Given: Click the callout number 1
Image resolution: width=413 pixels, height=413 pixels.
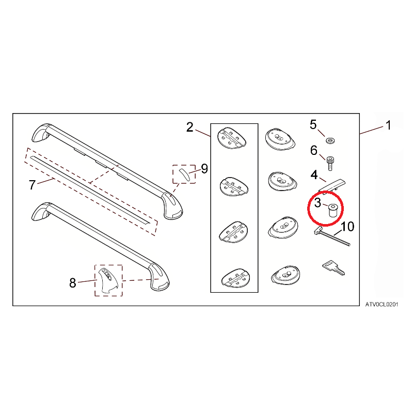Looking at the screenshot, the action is coord(388,125).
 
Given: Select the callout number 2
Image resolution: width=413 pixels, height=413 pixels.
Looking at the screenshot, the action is coord(190,127).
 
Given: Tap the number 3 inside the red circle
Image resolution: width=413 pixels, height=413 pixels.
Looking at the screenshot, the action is coord(317,203).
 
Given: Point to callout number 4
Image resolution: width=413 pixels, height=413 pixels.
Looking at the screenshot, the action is coord(314,174).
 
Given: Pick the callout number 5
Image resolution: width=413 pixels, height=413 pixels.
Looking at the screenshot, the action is coord(313,124).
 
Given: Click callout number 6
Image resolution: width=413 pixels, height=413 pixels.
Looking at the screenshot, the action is coord(314,150).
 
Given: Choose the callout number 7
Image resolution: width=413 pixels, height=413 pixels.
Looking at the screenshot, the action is coord(32,185).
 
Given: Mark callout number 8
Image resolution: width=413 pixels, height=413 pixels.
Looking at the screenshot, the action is coord(73,283).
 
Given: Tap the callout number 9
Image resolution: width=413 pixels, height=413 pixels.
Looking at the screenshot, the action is coord(204,169).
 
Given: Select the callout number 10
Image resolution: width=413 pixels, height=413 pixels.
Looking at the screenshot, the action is coord(347,227).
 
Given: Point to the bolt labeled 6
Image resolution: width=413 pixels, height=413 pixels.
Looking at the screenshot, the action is coord(330,163).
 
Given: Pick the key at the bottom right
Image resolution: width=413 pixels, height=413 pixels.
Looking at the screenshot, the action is coord(333,267).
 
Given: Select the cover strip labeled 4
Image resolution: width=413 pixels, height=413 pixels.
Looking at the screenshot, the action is coord(332,186).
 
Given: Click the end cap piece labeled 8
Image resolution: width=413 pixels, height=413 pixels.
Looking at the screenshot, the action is coord(108,280).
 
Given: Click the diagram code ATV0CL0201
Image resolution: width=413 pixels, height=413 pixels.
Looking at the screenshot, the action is coord(382,305).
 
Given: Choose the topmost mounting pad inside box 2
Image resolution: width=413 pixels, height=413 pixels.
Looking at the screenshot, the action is coord(231,137).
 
